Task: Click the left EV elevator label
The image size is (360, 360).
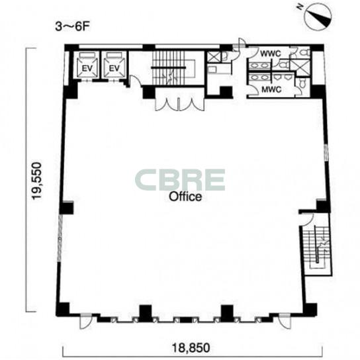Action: point(87,68)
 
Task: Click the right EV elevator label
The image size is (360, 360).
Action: point(114,68)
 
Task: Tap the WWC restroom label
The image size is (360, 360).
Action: point(270,54)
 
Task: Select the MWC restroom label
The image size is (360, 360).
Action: point(271,89)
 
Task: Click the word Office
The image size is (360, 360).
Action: point(185,197)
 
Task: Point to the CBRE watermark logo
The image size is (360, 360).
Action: point(180,180)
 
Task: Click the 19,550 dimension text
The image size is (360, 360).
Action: point(37,181)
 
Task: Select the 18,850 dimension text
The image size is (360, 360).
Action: point(191,347)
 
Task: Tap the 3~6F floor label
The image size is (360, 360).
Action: point(72,26)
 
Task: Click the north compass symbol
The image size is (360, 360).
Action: point(318,17)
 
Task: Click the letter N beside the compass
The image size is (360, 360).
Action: point(299,7)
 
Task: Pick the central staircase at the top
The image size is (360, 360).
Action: point(174,67)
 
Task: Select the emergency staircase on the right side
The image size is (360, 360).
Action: point(316,247)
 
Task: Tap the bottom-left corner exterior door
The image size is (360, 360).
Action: point(85,321)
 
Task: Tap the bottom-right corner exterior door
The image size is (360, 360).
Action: point(285,321)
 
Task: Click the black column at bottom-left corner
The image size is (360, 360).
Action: point(63,309)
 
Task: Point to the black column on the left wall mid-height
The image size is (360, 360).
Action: point(67,208)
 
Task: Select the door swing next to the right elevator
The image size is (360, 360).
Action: point(134,80)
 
